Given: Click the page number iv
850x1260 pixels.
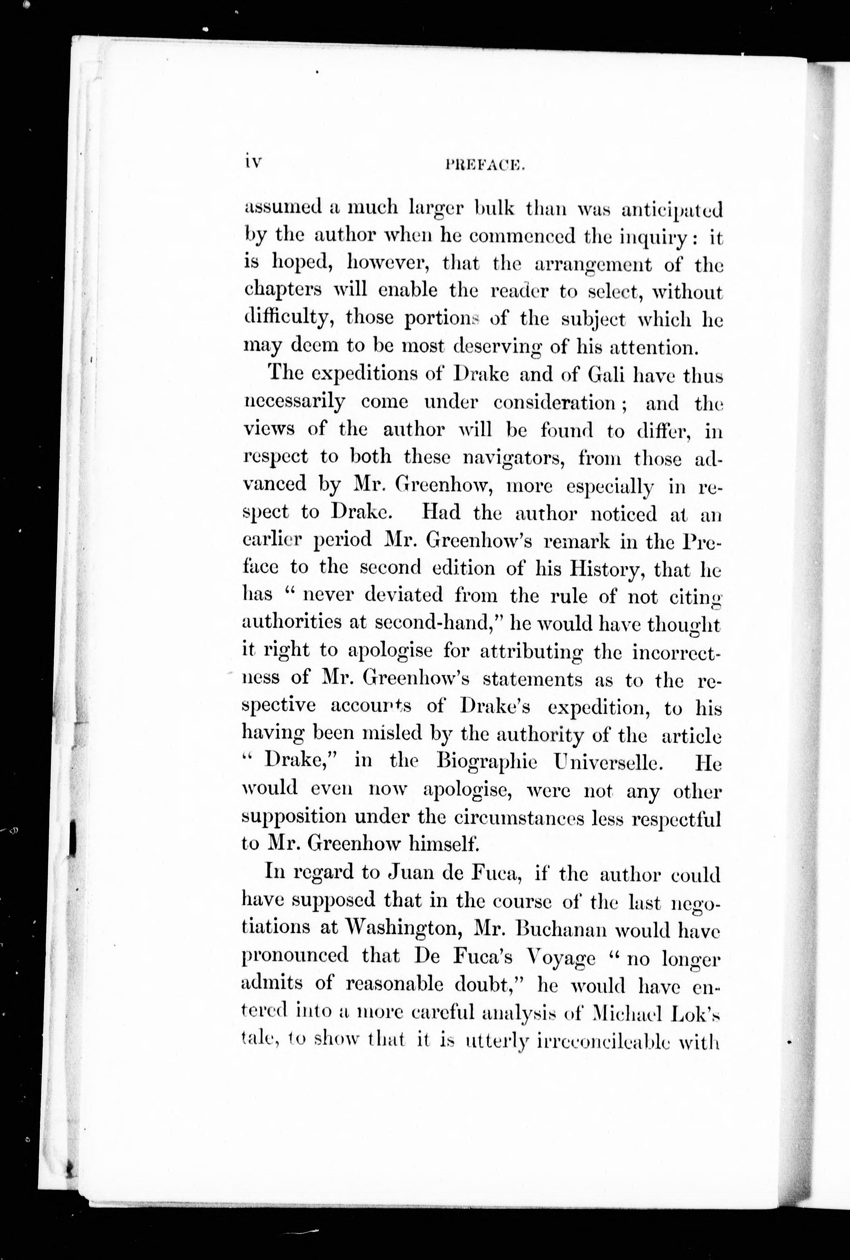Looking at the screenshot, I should (x=252, y=163).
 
